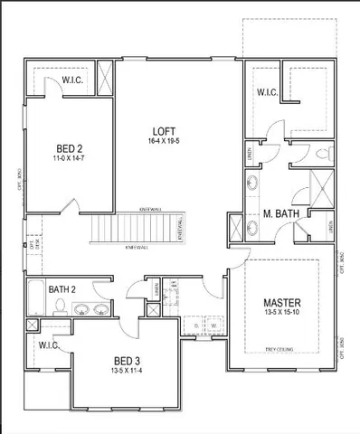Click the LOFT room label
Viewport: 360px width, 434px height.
[163, 130]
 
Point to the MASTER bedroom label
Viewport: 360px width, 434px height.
[282, 301]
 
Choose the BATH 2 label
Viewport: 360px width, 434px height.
[63, 289]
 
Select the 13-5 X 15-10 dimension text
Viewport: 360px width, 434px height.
[282, 313]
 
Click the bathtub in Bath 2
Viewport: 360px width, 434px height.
[33, 297]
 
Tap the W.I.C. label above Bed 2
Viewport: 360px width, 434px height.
[72, 80]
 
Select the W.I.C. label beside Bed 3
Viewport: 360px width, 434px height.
[49, 346]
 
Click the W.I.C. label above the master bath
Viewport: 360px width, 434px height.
[267, 91]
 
